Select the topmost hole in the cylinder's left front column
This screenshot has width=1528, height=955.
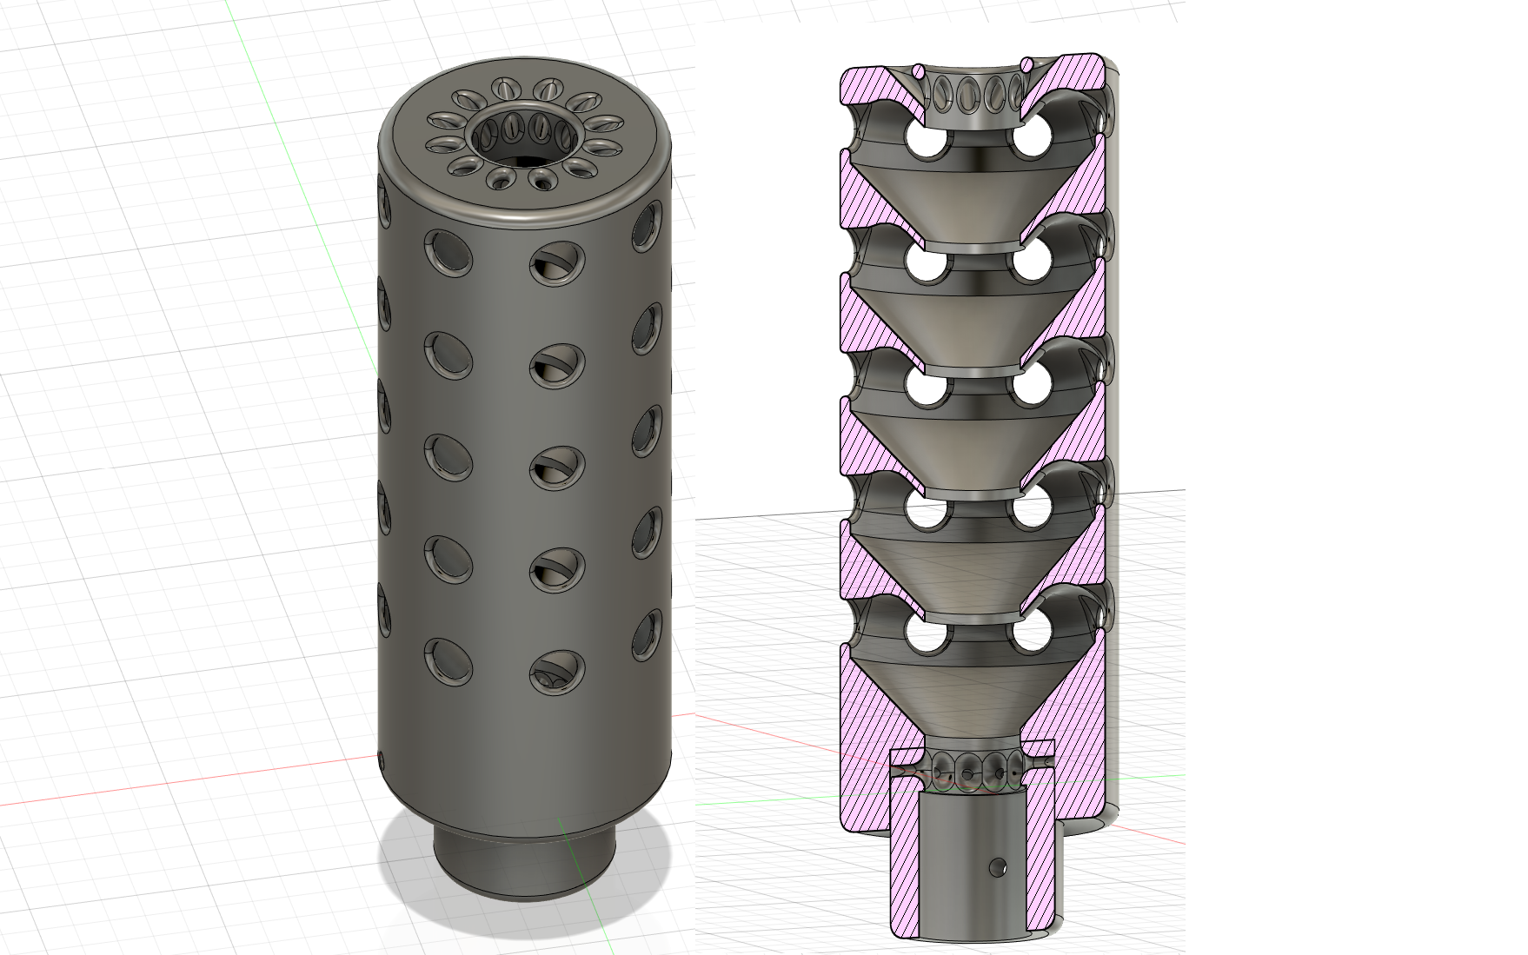pos(448,252)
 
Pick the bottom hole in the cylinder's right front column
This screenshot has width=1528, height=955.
pos(556,673)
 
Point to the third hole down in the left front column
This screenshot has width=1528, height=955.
pos(448,456)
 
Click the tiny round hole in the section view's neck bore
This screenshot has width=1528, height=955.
pos(998,866)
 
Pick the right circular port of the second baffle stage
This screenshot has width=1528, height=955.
pos(1032,262)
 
